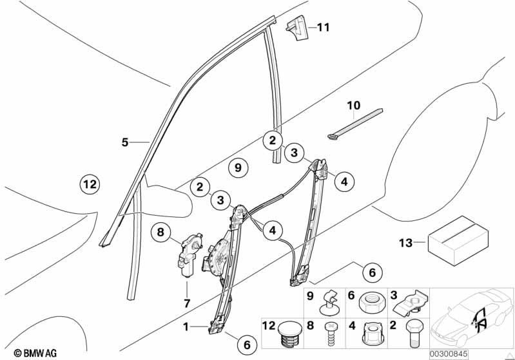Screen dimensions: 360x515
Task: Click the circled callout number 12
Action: point(90,185)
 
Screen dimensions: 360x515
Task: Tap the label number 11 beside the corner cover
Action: point(322,27)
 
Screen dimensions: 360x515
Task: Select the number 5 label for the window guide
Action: point(125,142)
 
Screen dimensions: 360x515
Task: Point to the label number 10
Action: point(354,105)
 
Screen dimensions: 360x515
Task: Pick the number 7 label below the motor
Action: point(186,303)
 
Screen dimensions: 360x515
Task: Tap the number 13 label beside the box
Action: point(405,243)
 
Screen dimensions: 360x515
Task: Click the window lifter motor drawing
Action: point(190,253)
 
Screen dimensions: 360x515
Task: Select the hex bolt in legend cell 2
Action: point(413,335)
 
